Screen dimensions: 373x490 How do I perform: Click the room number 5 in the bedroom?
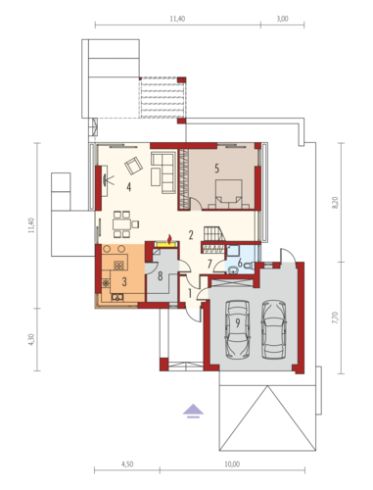click(216, 169)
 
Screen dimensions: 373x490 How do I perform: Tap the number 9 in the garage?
click(238, 323)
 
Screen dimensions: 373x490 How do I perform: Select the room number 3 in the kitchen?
click(124, 281)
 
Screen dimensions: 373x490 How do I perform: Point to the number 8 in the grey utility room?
click(160, 276)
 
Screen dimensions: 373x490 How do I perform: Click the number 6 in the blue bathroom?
click(240, 263)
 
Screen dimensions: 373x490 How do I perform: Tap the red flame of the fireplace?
click(169, 239)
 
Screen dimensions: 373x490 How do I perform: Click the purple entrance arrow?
click(193, 412)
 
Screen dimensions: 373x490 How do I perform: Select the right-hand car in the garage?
click(274, 329)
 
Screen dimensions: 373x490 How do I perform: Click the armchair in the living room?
click(133, 166)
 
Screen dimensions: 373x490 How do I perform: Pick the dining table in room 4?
click(121, 224)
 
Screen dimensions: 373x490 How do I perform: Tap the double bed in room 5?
click(229, 194)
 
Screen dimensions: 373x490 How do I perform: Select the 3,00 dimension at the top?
click(283, 19)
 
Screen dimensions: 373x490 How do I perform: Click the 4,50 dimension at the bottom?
click(127, 464)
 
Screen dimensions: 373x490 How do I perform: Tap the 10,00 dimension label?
click(232, 464)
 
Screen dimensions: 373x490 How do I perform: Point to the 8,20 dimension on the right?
click(336, 203)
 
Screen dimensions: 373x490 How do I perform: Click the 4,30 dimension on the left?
click(31, 340)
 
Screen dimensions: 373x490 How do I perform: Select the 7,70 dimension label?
click(336, 318)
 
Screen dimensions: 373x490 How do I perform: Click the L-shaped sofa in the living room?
click(163, 172)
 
